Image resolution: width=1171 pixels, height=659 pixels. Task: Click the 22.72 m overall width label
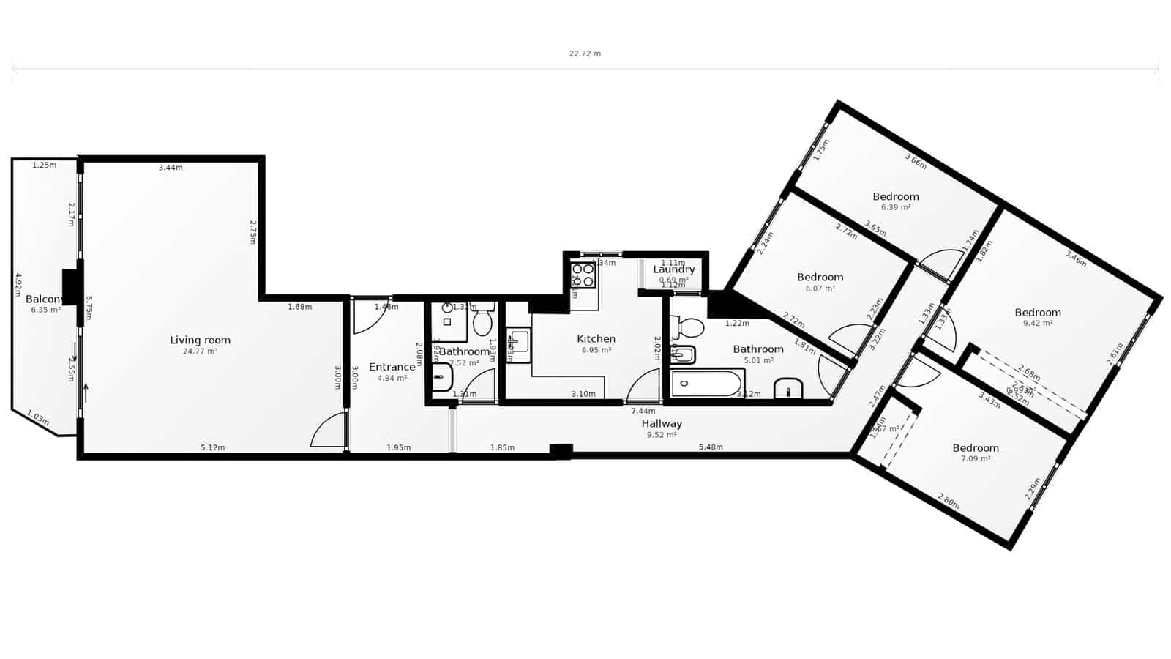coord(585,53)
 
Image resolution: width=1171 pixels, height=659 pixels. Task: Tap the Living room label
coord(200,340)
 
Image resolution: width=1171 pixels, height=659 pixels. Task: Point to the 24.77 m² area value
coord(200,351)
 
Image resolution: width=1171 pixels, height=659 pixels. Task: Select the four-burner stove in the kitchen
coord(583,275)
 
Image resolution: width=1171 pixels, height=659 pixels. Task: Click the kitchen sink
coord(518,344)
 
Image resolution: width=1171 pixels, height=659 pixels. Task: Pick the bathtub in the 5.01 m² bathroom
coord(707,383)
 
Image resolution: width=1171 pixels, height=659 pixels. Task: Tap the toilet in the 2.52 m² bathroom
coord(482,322)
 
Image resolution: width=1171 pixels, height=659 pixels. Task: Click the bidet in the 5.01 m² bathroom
coord(683,356)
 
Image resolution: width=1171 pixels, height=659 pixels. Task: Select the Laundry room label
coord(673,269)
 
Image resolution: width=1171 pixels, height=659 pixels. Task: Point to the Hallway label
coord(662,423)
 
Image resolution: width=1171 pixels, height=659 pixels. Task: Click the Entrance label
coord(392,367)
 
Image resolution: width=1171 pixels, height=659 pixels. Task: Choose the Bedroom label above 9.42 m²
coord(1038,312)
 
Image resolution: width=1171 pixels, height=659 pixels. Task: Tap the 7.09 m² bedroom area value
coord(976,459)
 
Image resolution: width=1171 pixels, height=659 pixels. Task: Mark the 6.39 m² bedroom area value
coord(895,207)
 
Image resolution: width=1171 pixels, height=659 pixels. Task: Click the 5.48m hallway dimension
coord(710,447)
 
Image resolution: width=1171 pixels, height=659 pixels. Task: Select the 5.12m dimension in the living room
coord(212,447)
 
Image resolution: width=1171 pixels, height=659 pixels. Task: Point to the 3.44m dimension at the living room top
coord(171,168)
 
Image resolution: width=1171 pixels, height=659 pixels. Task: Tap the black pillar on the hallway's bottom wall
coord(561,451)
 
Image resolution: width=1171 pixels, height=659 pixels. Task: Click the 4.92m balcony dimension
coord(18,286)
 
